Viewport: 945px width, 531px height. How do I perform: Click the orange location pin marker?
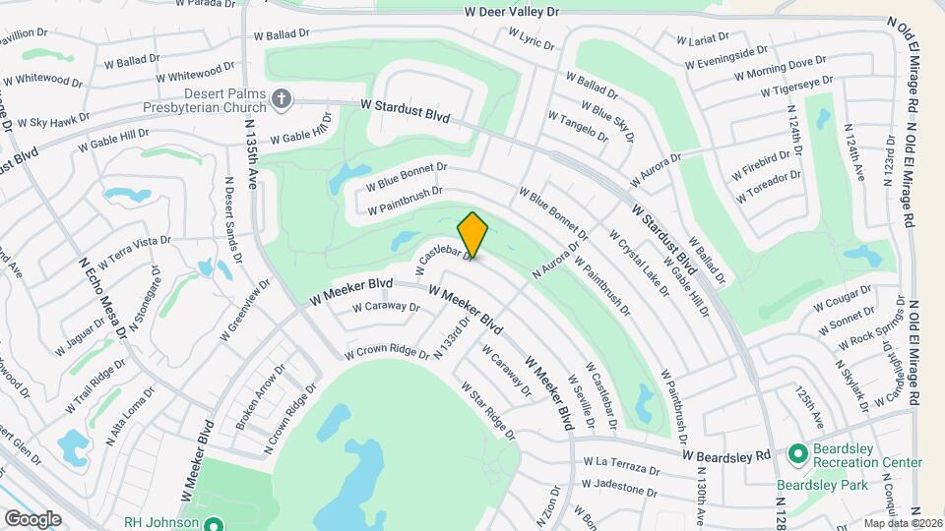click(472, 234)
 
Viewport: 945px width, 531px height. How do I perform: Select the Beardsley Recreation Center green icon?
click(797, 454)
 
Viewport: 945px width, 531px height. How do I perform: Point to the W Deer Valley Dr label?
click(512, 12)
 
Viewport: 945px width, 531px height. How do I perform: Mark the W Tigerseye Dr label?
click(797, 87)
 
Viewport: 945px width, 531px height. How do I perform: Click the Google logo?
click(31, 518)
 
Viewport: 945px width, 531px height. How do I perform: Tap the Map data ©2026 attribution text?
click(903, 523)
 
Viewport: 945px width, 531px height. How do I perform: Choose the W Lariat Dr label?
click(703, 38)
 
